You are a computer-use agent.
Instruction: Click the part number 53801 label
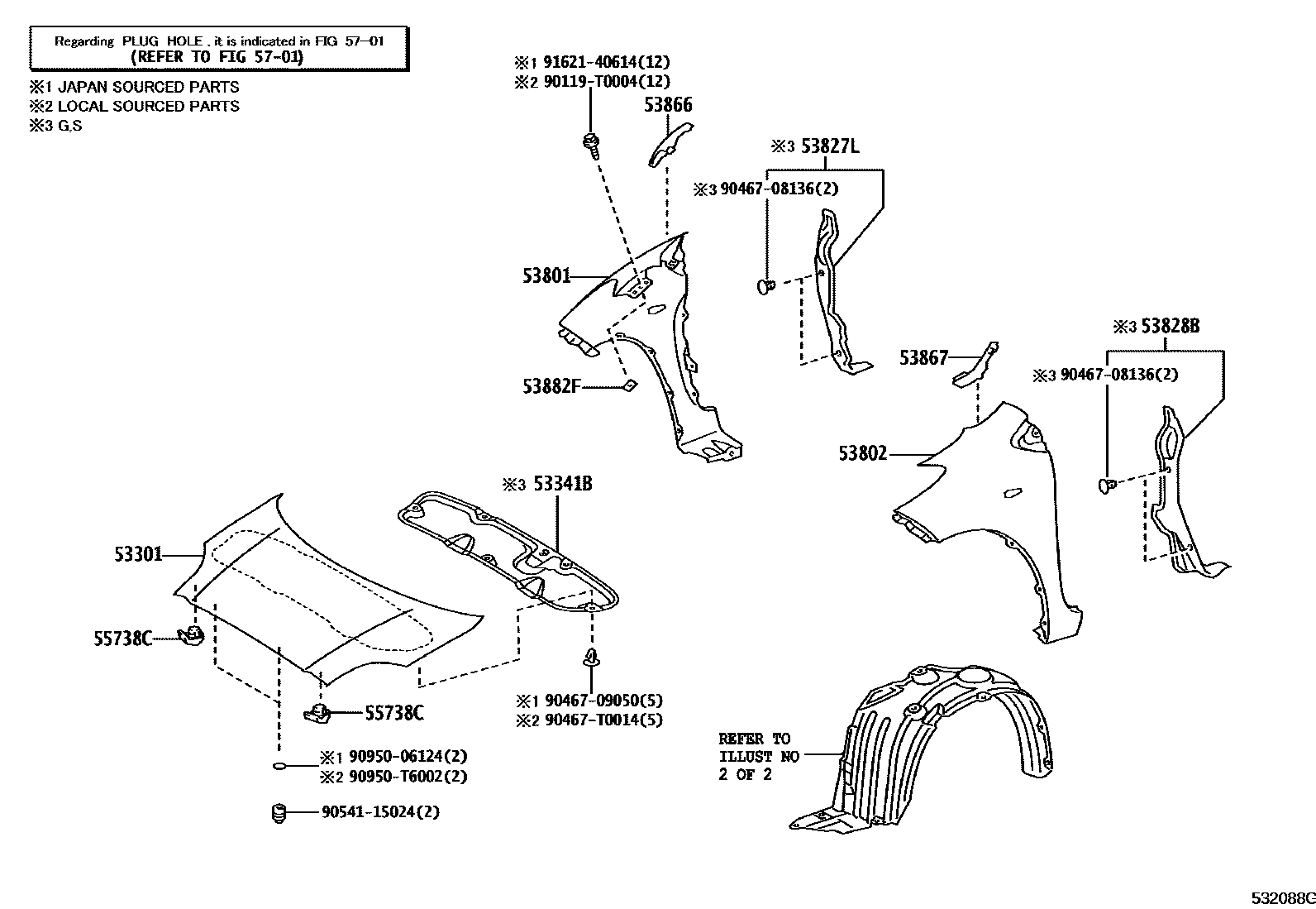(546, 275)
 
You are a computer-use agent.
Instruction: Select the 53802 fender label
(863, 453)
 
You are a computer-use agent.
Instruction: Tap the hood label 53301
(138, 554)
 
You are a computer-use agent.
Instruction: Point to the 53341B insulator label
(562, 484)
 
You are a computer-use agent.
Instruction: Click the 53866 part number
(668, 105)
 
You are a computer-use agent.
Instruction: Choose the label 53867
(923, 357)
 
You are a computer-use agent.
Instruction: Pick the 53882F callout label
(551, 386)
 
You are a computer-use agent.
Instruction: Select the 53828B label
(1170, 327)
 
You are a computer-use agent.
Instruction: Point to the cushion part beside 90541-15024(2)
(279, 813)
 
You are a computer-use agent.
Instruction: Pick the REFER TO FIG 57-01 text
(217, 56)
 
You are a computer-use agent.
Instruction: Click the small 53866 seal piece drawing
(670, 142)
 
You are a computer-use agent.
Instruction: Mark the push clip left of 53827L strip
(765, 286)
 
